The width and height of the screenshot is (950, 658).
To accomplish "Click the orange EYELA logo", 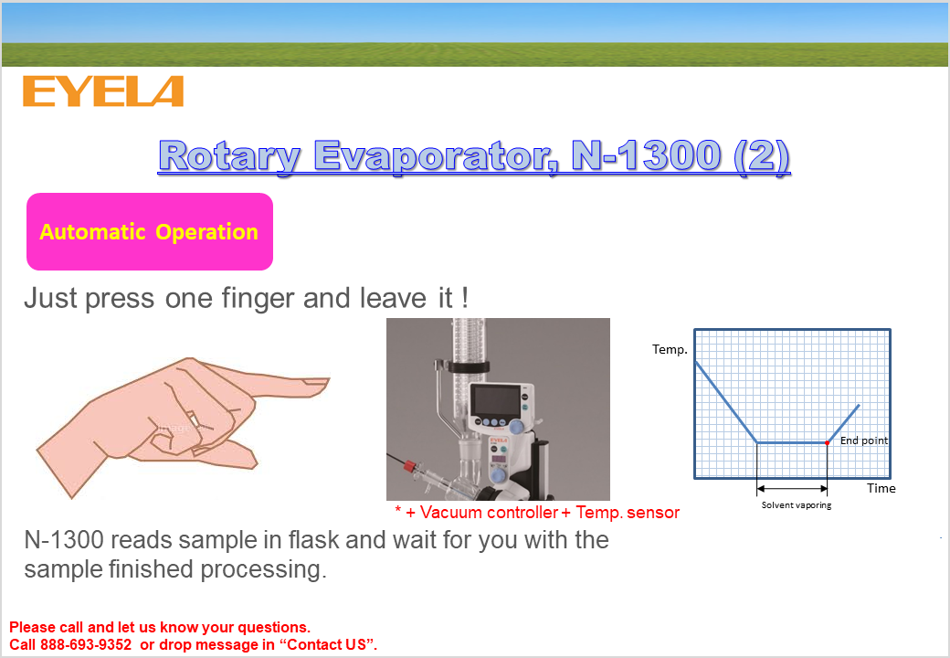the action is pyautogui.click(x=103, y=90).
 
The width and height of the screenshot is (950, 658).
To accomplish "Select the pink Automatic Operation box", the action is pyautogui.click(x=150, y=231).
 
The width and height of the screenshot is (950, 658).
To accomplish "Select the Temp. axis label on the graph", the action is pyautogui.click(x=670, y=349).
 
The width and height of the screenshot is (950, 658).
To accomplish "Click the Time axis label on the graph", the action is pyautogui.click(x=881, y=488).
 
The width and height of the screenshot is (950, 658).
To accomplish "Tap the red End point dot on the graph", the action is pyautogui.click(x=827, y=443).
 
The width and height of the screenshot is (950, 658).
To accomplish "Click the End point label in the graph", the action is pyautogui.click(x=864, y=440).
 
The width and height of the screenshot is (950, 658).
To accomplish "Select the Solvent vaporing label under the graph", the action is pyautogui.click(x=797, y=504).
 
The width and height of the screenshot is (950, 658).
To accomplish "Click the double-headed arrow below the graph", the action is pyautogui.click(x=792, y=488).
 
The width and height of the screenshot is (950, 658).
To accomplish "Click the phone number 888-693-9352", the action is pyautogui.click(x=86, y=644).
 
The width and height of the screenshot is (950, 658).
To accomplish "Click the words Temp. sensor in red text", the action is pyautogui.click(x=627, y=513).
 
